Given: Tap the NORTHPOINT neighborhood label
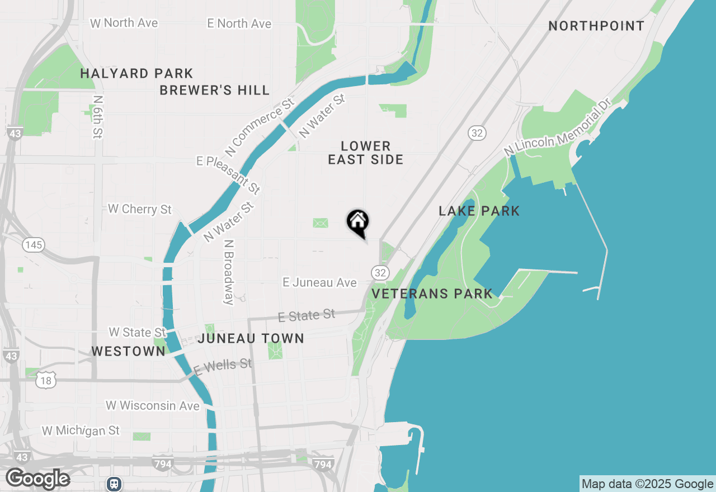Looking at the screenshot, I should [596, 26].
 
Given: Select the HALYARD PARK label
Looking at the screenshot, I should [136, 73].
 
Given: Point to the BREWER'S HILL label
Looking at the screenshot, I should [215, 90].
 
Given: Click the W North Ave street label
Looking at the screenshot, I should [124, 23].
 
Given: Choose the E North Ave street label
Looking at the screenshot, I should [239, 23].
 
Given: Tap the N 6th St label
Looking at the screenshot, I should [98, 116].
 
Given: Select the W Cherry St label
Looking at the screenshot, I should [140, 209].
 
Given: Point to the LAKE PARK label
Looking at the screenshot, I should [479, 211].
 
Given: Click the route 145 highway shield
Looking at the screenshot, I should [34, 245].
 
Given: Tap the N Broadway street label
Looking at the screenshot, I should [228, 273].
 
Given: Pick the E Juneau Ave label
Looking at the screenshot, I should [319, 283].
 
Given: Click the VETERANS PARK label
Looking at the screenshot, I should [432, 294].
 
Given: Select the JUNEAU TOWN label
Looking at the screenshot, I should [251, 338].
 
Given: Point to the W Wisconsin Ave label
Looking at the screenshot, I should [153, 405].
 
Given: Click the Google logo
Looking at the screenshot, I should [37, 479].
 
